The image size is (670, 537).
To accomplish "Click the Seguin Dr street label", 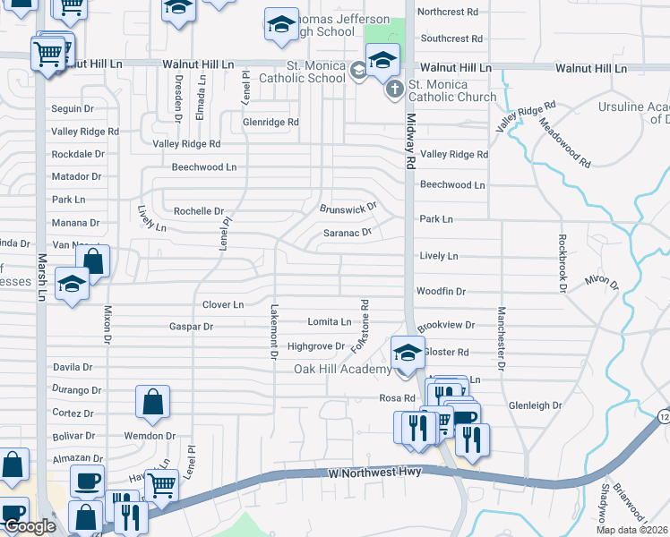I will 73,108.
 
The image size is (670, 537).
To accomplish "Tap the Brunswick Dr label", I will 349,208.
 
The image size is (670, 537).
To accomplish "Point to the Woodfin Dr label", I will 441,291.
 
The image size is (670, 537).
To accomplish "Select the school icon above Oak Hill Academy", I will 407,351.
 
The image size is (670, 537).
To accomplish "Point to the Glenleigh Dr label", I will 535,405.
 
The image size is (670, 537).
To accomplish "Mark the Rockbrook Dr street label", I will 563,264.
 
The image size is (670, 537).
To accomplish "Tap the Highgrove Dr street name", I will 315,345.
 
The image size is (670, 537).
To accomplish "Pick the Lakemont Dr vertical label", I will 274,330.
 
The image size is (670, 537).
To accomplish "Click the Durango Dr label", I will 76,390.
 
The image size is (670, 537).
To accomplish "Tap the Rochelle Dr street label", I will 198,211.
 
